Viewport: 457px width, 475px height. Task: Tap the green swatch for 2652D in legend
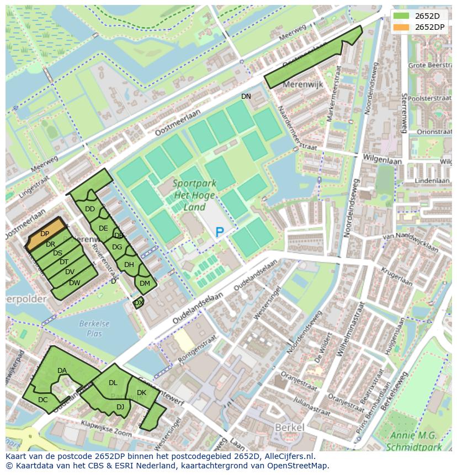tap(401, 15)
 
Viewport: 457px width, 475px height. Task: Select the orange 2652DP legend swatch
tap(401, 27)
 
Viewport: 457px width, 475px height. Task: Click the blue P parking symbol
tap(220, 233)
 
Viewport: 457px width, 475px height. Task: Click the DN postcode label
tap(246, 97)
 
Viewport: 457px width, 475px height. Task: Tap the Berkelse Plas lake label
tap(94, 328)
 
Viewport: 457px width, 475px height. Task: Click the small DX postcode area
tap(139, 303)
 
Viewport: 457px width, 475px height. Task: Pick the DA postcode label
tap(62, 371)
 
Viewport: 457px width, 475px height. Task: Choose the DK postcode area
tap(142, 393)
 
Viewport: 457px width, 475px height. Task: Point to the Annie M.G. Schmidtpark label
tap(420, 439)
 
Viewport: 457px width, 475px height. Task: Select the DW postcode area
tap(75, 283)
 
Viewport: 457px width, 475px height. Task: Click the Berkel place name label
tap(289, 428)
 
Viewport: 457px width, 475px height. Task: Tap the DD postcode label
tap(90, 209)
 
